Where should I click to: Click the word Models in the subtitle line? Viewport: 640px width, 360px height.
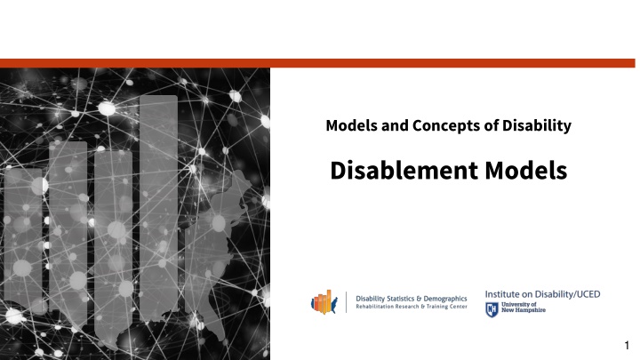point(352,125)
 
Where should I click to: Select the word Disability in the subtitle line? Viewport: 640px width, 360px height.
point(536,125)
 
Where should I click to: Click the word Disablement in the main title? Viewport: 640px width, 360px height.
point(404,170)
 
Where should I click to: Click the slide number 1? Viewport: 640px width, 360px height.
point(627,346)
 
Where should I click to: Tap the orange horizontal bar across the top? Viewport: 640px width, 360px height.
point(317,63)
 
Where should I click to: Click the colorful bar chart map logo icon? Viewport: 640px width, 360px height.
point(324,302)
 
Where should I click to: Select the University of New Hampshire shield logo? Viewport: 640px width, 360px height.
point(492,310)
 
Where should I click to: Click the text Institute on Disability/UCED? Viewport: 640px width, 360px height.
point(542,294)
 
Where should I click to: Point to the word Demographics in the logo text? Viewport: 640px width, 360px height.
point(445,299)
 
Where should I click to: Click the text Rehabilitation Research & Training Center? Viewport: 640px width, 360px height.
point(412,307)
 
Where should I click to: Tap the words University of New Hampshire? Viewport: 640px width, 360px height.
point(524,308)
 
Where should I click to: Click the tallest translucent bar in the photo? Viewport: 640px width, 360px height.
point(158,208)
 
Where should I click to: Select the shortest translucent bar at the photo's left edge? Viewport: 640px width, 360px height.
point(23,241)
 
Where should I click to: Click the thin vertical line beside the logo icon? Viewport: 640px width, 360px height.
point(346,302)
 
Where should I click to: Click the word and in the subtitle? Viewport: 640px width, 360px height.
point(395,125)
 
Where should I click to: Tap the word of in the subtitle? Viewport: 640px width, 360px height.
point(491,125)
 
